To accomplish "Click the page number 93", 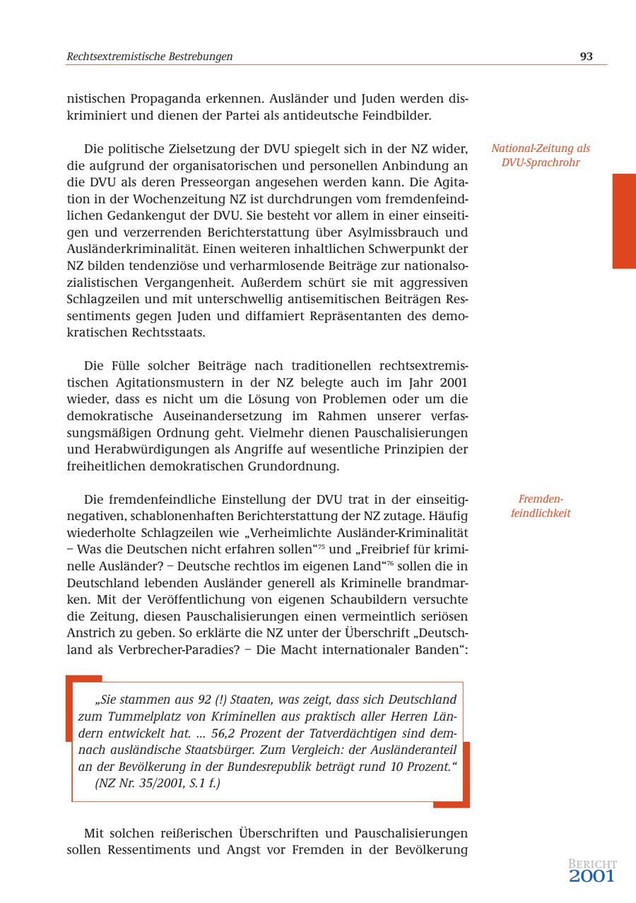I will point(586,57).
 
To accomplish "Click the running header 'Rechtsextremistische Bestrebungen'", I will point(150,57).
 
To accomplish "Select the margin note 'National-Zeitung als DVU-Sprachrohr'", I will point(541,155).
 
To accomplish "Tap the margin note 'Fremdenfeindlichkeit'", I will point(541,506).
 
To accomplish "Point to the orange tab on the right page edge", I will point(624,221).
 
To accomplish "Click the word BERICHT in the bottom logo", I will point(592,864).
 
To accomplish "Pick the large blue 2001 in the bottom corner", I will point(591,877).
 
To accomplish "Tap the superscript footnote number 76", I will point(390,562).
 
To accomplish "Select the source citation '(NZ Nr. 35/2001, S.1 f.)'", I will point(158,783).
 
